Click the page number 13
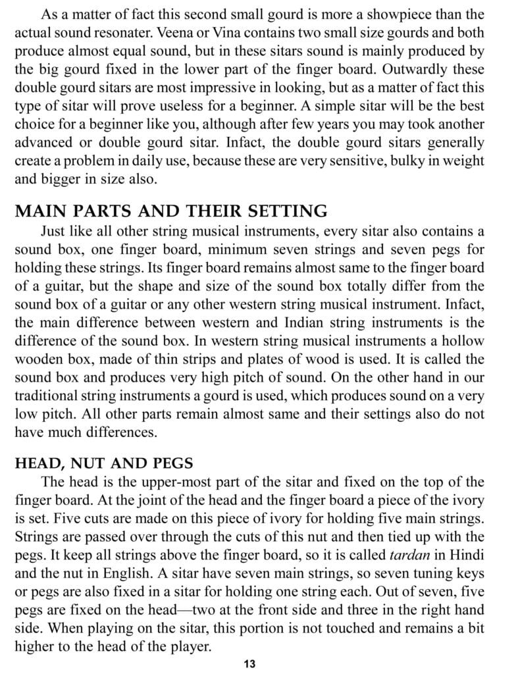(249, 663)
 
